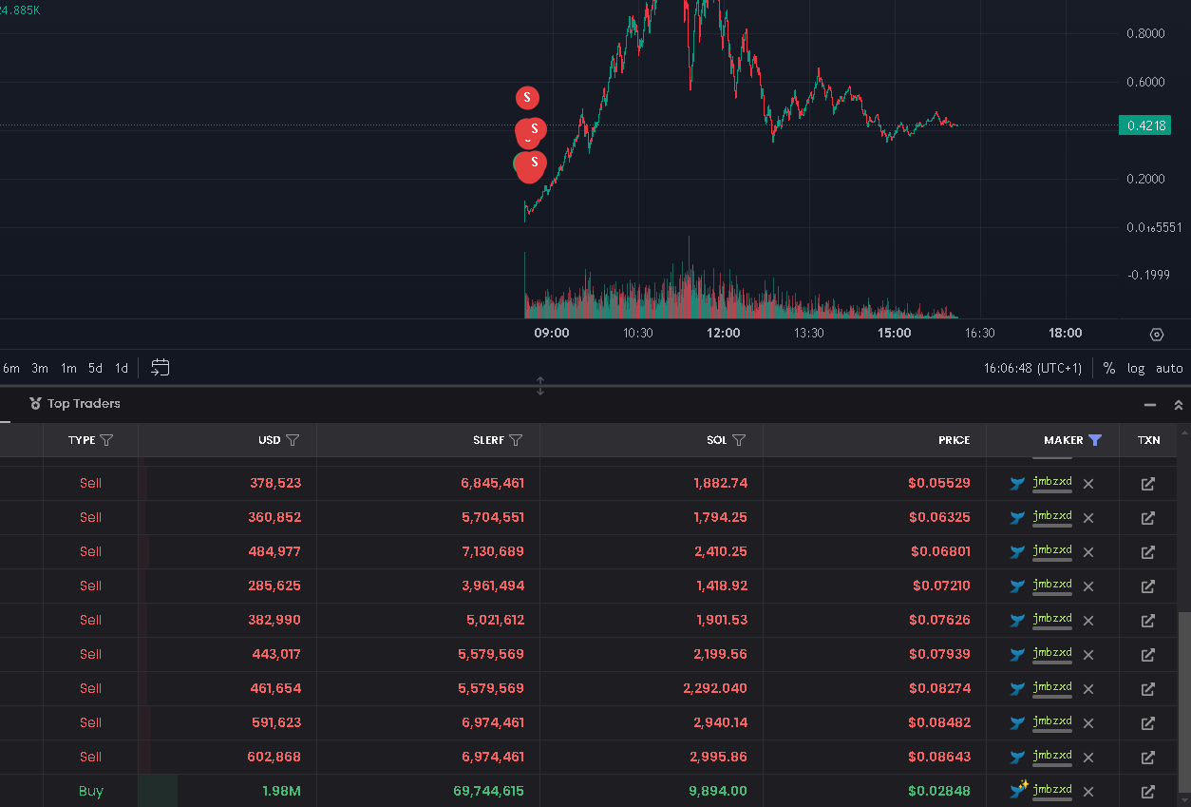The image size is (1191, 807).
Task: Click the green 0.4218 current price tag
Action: click(x=1144, y=125)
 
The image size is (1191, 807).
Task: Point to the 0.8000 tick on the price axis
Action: click(x=1145, y=33)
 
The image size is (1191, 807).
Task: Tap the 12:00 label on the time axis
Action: click(x=723, y=333)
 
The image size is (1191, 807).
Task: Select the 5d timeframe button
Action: click(x=95, y=368)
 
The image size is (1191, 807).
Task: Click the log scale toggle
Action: click(x=1136, y=368)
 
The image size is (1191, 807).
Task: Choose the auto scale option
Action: click(x=1169, y=368)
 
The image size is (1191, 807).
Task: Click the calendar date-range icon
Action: click(x=161, y=367)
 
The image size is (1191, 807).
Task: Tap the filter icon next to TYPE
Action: click(x=106, y=440)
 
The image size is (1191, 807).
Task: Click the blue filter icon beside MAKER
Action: click(x=1095, y=440)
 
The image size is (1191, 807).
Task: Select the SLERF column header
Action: click(x=488, y=440)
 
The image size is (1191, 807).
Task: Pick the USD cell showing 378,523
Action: click(x=275, y=483)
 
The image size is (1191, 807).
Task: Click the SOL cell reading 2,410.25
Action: click(x=721, y=551)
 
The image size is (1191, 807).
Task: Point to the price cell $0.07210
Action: click(x=941, y=586)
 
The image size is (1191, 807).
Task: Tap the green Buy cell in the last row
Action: click(x=91, y=791)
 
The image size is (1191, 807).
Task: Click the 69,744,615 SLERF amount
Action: click(x=488, y=791)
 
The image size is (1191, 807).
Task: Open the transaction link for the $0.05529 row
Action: click(x=1148, y=484)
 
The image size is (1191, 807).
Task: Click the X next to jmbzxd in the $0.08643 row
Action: click(x=1088, y=758)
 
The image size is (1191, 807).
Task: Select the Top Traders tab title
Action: click(x=84, y=403)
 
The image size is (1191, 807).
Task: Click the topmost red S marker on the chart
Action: click(x=527, y=98)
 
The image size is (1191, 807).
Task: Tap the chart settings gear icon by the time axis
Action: click(x=1157, y=335)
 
